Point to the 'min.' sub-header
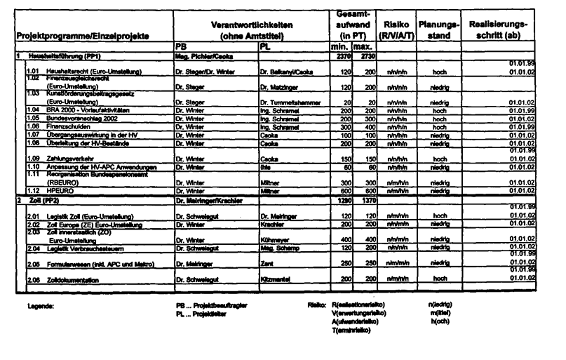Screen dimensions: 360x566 coord(340,46)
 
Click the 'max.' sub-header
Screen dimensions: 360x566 coord(362,46)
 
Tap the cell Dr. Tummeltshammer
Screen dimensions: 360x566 coord(290,102)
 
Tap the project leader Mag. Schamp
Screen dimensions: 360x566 coord(277,248)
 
